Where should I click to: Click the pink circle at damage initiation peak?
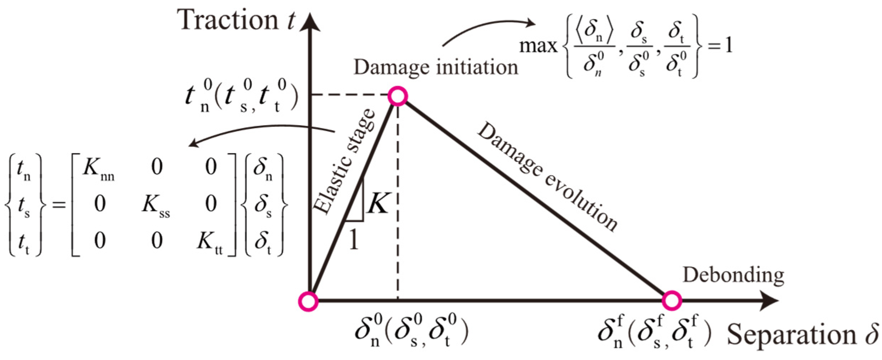pos(397,96)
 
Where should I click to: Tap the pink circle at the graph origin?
pos(308,301)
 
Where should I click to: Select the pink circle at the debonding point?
pos(671,301)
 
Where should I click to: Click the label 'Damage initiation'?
pos(436,67)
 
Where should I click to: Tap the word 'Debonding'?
pos(733,276)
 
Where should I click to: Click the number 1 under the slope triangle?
pos(353,240)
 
